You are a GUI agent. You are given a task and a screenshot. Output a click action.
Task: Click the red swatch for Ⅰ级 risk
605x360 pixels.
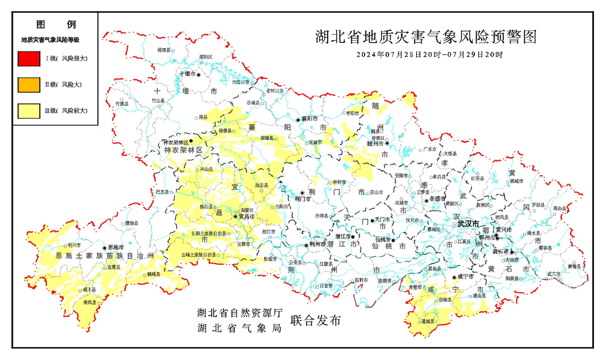(x=28, y=58)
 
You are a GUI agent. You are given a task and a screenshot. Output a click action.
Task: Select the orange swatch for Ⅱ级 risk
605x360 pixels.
(x=28, y=85)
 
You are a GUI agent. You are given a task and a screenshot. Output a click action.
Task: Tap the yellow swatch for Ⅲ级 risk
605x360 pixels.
(x=28, y=111)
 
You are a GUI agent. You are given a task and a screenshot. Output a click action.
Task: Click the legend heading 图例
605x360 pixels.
(x=55, y=25)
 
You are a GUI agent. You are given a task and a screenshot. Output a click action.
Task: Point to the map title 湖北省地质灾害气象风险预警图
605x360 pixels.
(x=426, y=38)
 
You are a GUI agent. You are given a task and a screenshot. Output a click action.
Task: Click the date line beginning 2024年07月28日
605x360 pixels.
(x=429, y=55)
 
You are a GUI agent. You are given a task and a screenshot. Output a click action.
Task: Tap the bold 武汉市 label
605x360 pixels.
(x=468, y=224)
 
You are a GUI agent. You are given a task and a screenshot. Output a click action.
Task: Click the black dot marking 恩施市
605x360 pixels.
(x=104, y=247)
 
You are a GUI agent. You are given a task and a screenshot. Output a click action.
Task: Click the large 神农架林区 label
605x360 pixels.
(x=183, y=151)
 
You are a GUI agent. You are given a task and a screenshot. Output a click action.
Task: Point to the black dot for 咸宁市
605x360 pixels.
(x=454, y=277)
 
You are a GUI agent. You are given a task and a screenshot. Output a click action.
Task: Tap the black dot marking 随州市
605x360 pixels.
(x=387, y=143)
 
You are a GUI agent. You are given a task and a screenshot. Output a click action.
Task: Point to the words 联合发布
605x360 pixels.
(x=315, y=321)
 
